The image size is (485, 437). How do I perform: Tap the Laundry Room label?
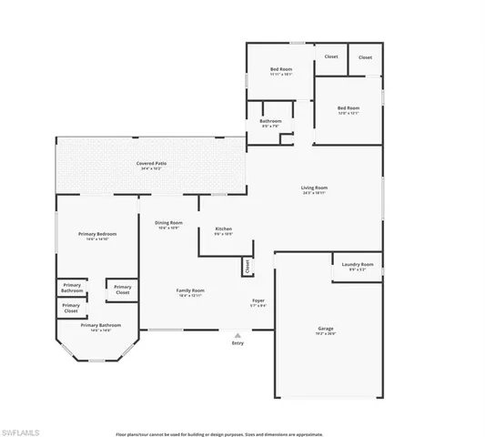coord(357,265)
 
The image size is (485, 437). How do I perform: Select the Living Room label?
coord(314,188)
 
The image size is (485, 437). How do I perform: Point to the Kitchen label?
coord(224,229)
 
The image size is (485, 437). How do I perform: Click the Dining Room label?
coord(168,222)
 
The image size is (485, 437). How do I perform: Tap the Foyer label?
coord(259,300)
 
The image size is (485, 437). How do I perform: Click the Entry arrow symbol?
coord(237,334)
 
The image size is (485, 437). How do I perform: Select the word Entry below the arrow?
coord(237,343)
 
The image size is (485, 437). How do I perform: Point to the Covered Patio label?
coord(152,164)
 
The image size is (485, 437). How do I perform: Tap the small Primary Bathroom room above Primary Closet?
coord(72,287)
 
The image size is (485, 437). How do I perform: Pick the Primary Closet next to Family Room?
coord(123,290)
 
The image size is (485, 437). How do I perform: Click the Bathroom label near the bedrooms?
coord(270,121)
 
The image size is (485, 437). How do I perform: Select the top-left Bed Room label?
coord(280,70)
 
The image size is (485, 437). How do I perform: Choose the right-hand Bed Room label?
coord(349,108)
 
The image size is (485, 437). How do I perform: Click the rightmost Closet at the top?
coord(365,57)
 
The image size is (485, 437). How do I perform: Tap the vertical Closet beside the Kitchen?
coord(246,267)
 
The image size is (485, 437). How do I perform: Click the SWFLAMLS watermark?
coord(23,426)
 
